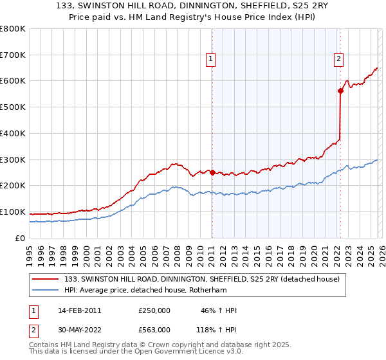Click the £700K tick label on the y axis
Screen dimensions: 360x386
13,55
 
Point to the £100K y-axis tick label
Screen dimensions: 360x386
13,212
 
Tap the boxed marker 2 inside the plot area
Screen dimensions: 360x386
339,59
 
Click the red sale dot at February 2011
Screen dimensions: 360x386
212,172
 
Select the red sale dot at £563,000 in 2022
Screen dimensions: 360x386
340,91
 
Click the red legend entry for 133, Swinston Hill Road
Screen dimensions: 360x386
205,279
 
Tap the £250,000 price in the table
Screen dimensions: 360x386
154,310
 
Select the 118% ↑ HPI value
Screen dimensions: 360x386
217,329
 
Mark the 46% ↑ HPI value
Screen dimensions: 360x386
219,310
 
